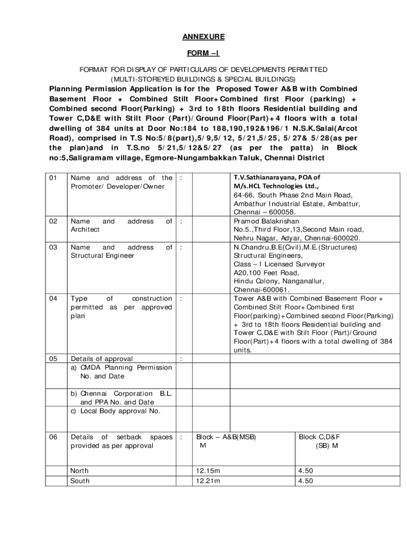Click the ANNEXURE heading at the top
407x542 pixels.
[203, 37]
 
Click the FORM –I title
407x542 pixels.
[203, 53]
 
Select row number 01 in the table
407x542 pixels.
[53, 178]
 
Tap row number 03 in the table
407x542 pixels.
[53, 247]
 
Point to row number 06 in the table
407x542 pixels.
[53, 437]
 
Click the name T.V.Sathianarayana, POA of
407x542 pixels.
[277, 178]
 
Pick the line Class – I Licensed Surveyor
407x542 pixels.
[280, 264]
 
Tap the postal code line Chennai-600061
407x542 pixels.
[261, 290]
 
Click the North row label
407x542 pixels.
[80, 471]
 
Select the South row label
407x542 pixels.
[80, 481]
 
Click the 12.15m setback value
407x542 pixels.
[208, 471]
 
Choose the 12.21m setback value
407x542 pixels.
[208, 481]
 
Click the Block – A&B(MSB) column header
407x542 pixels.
[229, 437]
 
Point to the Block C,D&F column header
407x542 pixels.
[319, 437]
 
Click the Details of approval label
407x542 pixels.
[102, 359]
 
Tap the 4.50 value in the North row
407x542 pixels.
[306, 471]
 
